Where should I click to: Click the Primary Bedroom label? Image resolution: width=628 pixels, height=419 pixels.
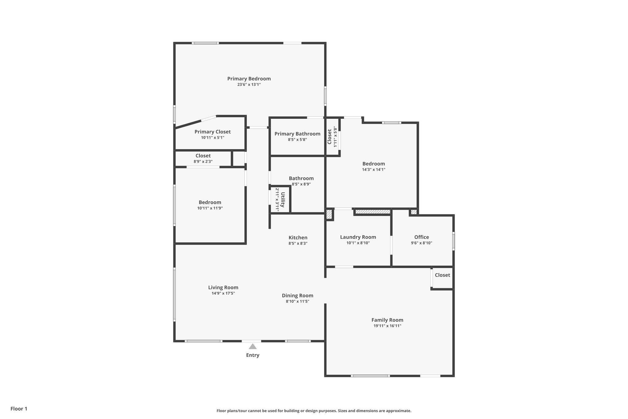(x=249, y=79)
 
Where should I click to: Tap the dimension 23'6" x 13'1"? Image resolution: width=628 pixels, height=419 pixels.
(x=249, y=84)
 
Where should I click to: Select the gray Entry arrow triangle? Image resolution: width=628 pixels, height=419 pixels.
(x=252, y=347)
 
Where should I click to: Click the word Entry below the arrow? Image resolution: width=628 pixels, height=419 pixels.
(x=252, y=355)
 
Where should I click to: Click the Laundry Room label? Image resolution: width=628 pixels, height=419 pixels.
(x=358, y=237)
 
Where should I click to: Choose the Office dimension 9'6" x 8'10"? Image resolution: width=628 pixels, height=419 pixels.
(x=421, y=243)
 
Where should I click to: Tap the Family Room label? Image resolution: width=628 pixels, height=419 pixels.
(x=387, y=320)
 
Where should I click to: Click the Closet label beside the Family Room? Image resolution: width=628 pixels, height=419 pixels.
(x=442, y=275)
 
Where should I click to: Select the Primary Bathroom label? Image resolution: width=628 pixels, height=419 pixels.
(x=297, y=134)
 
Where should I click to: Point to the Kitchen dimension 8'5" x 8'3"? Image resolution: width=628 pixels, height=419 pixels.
(x=298, y=243)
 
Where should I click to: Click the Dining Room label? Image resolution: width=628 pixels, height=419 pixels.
(x=297, y=296)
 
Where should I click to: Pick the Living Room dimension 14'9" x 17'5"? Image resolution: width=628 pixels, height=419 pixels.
(x=223, y=293)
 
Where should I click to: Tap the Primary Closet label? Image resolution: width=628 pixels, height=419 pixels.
(x=213, y=132)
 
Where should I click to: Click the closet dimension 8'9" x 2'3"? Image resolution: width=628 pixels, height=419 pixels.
(x=203, y=161)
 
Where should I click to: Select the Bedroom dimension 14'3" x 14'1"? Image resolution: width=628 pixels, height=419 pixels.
(x=373, y=169)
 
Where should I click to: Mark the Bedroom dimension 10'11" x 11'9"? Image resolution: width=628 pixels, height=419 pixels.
(x=210, y=208)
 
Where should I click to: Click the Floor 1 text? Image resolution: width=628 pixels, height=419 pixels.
(x=19, y=409)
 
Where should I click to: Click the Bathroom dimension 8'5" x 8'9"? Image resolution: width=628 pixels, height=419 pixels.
(x=301, y=184)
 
